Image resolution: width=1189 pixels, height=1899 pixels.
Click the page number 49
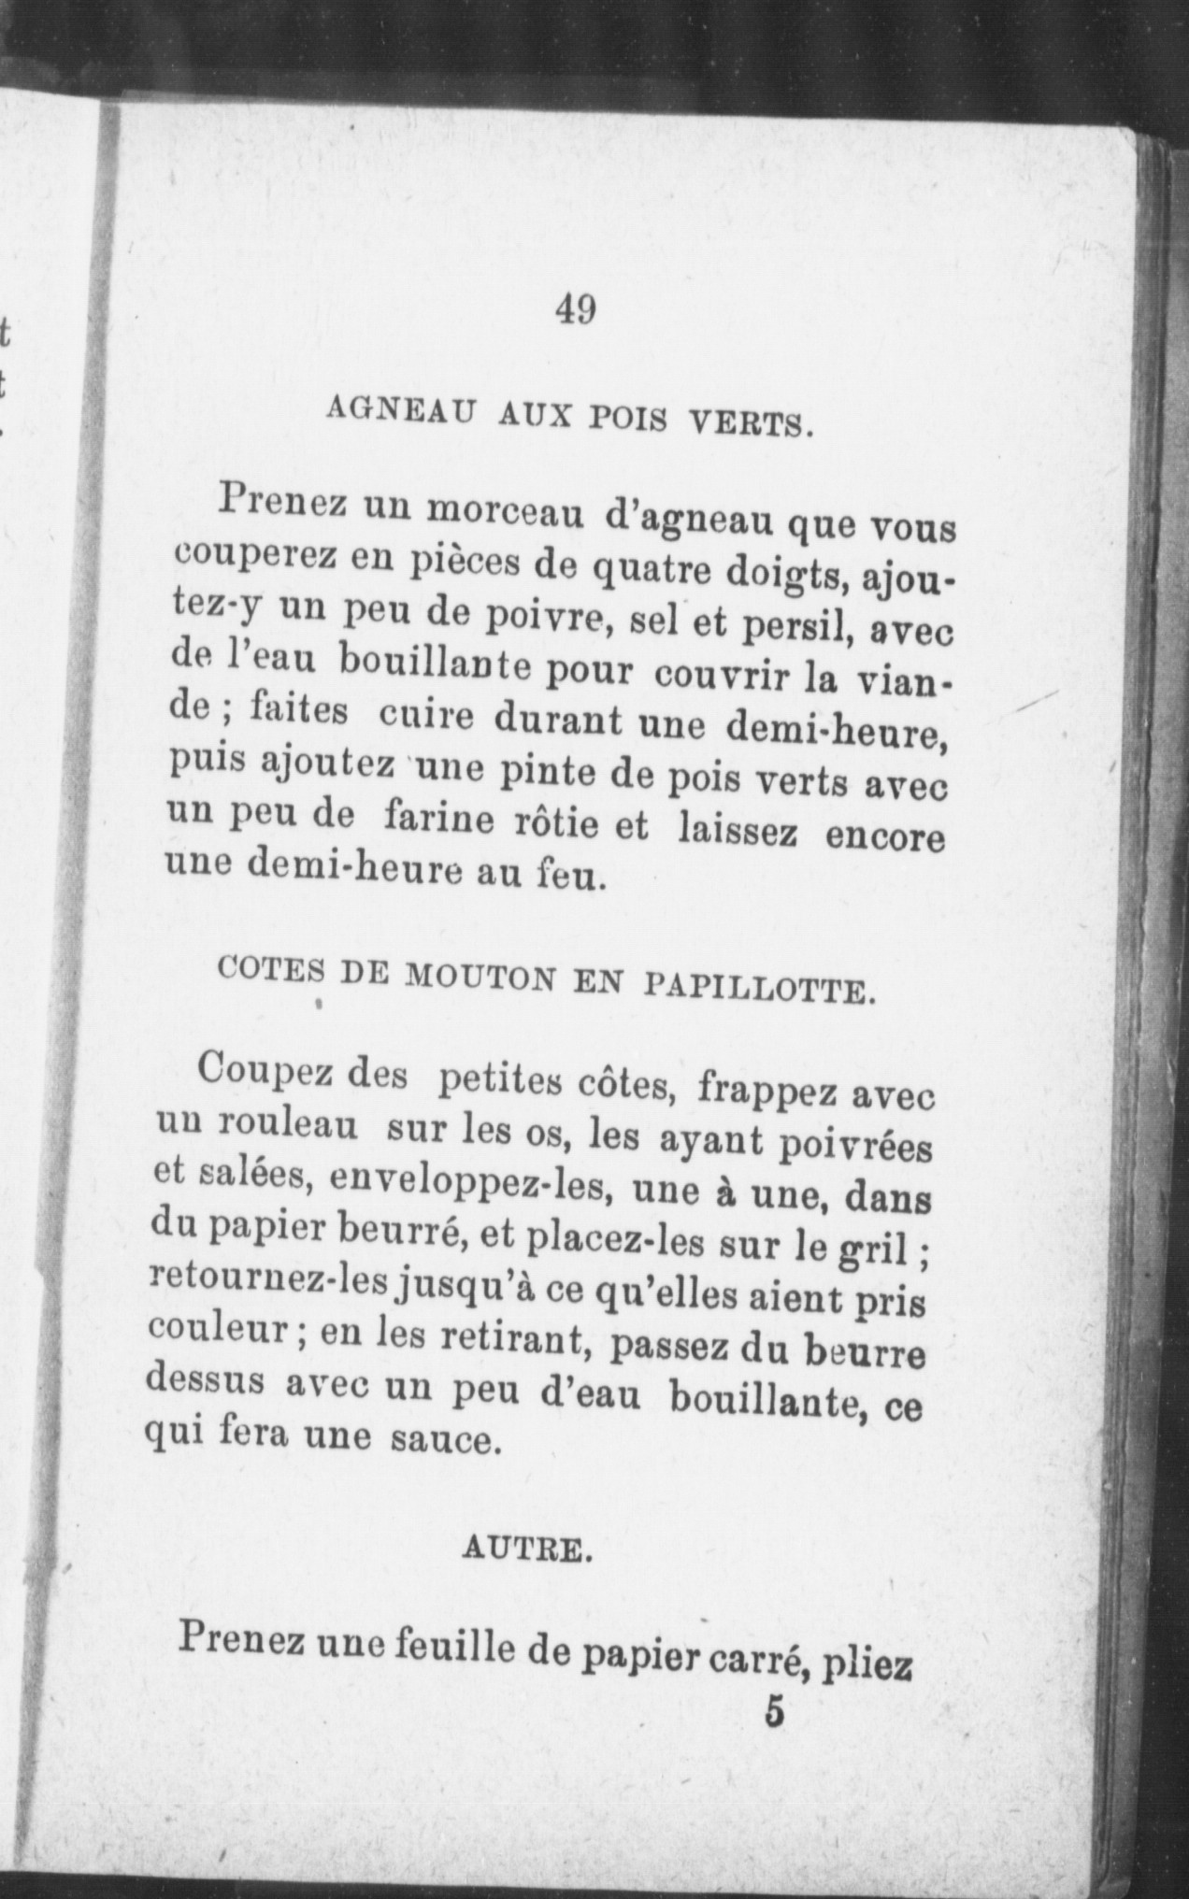coord(575,309)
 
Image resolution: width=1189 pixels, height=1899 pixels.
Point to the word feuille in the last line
coord(450,1651)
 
